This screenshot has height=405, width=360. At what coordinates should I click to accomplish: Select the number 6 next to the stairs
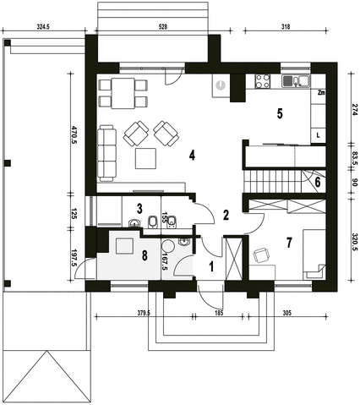tap(317, 181)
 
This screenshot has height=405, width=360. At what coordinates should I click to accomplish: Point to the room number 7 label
tap(288, 244)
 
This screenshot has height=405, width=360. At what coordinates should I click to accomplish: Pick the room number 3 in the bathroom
tap(139, 208)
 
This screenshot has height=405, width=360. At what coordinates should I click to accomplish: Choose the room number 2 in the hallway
tap(226, 215)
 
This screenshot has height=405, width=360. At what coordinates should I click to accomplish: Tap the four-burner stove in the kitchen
tap(261, 82)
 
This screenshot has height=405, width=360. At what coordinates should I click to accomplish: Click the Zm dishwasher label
tap(321, 91)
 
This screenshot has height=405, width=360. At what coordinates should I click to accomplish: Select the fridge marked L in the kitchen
tap(318, 134)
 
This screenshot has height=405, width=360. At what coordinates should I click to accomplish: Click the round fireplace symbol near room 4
tap(220, 85)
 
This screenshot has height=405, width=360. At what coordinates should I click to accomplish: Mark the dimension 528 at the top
tap(162, 27)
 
